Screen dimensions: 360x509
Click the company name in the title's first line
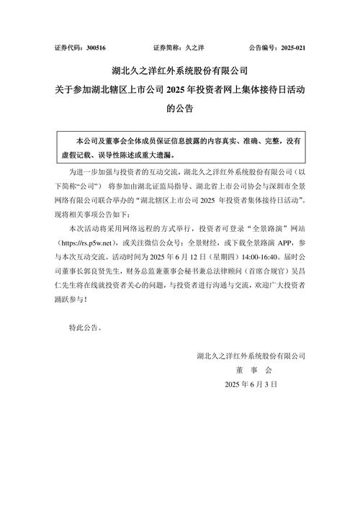click(x=180, y=71)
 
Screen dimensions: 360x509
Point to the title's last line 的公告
click(x=180, y=109)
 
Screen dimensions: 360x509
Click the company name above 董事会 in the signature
click(x=251, y=354)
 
